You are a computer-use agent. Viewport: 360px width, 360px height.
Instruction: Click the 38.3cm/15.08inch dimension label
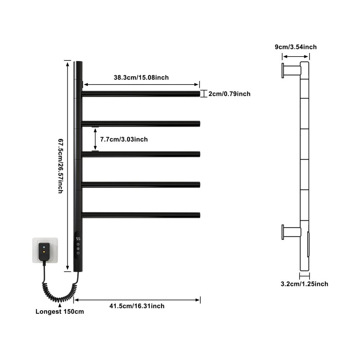point(141,77)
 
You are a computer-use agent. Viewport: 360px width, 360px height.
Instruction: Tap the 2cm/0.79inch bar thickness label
point(229,94)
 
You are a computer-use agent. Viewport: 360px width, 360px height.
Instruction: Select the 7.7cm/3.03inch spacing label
point(124,139)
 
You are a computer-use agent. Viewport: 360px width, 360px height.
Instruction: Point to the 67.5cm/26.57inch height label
point(60,166)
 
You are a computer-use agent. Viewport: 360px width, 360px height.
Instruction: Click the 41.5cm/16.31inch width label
point(137,306)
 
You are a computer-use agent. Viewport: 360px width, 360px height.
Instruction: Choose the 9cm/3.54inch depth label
point(296,47)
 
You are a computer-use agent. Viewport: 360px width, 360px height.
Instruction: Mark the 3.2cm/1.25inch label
point(305,284)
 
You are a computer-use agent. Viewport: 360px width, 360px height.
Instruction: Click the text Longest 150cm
point(60,311)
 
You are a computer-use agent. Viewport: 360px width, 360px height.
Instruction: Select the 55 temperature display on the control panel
point(78,239)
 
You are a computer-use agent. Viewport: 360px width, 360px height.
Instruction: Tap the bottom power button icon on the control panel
point(78,253)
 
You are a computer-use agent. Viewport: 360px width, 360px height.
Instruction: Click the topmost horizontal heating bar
point(141,94)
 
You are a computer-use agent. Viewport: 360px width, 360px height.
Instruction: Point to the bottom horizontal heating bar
point(141,215)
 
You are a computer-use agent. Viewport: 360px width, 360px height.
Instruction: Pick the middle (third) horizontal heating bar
point(141,154)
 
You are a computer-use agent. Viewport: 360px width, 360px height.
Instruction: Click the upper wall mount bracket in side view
point(291,71)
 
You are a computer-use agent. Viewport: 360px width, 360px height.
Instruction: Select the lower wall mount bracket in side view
point(291,232)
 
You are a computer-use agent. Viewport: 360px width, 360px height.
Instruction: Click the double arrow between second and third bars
point(95,139)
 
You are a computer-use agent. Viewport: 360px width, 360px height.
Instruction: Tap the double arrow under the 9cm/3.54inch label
point(296,57)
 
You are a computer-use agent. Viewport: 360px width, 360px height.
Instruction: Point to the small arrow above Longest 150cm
point(60,305)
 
